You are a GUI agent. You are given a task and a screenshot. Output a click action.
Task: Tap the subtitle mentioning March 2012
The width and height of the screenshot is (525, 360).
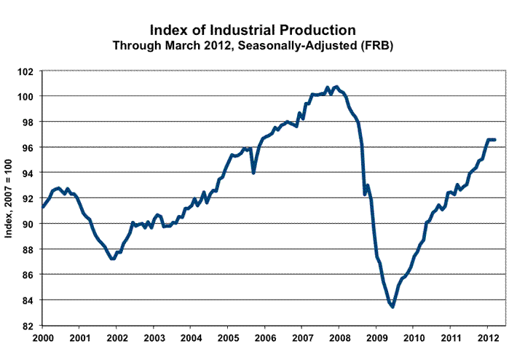pos(252,45)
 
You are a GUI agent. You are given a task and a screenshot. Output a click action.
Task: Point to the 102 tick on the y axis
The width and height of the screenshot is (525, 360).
pos(28,71)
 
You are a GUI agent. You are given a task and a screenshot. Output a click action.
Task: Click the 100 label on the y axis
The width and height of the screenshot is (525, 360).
pos(28,97)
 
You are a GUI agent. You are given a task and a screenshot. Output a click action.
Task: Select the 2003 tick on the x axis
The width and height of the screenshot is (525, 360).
pos(154,338)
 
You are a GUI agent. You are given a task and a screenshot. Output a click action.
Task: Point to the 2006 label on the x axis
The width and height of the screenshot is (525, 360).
pos(265,338)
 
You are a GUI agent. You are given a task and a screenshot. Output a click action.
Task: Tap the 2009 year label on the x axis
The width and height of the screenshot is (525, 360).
pos(376,338)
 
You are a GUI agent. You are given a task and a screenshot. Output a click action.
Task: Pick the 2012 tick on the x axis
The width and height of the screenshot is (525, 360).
pos(488,338)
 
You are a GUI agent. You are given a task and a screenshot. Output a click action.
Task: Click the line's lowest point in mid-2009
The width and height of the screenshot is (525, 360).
pos(393,307)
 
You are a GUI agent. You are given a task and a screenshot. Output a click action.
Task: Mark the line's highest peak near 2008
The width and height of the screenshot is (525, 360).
pos(334,87)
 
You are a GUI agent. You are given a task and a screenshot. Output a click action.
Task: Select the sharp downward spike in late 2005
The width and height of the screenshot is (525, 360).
pos(253,173)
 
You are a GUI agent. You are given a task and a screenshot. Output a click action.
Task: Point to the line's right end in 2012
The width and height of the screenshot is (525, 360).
pos(495,139)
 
